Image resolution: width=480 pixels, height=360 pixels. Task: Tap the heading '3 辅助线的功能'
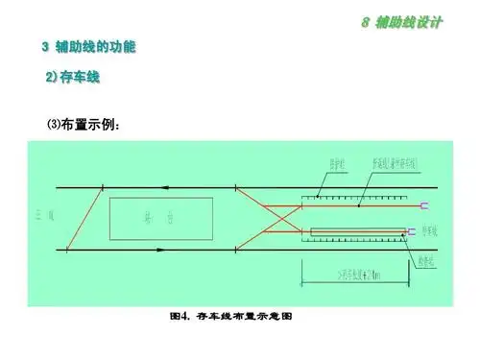[x=90, y=46]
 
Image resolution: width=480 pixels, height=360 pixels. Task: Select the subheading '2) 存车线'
[x=74, y=76]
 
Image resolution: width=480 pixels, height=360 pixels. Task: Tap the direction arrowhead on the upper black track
[x=167, y=185]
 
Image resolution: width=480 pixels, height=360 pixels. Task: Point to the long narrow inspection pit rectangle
[x=356, y=231]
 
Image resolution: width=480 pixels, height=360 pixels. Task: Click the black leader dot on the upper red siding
[x=358, y=205]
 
